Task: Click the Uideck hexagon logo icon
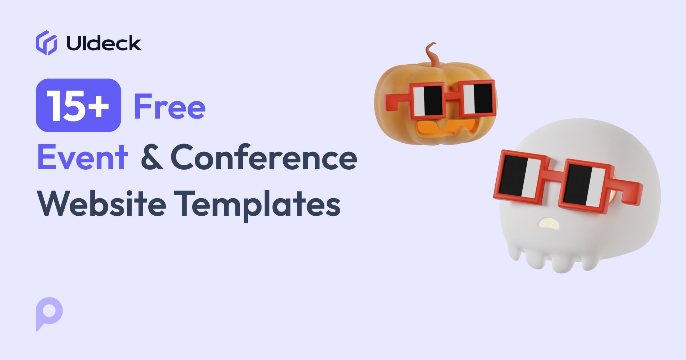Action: pyautogui.click(x=46, y=43)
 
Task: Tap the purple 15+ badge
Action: pyautogui.click(x=78, y=105)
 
